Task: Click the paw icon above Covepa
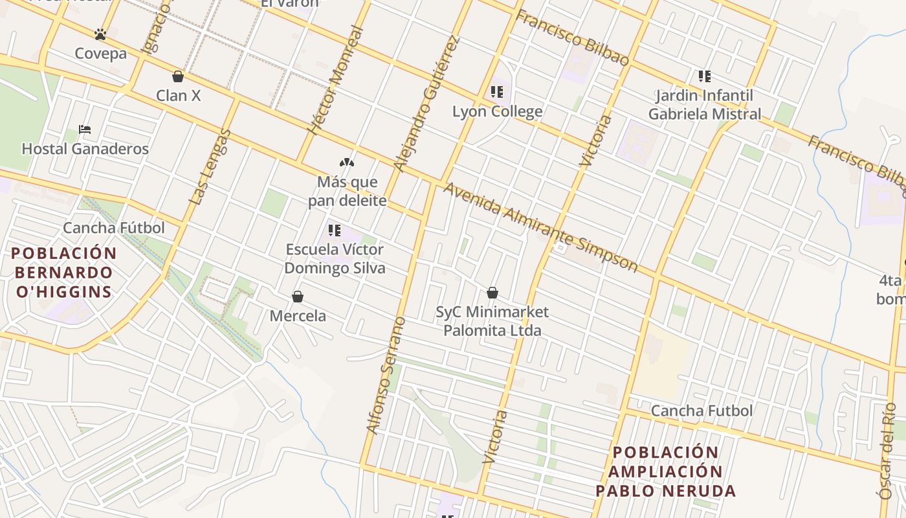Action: [x=100, y=34]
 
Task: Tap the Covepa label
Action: [x=100, y=53]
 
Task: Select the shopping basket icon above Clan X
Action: [x=178, y=76]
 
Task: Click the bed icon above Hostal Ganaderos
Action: [x=85, y=129]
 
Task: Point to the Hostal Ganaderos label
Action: [x=85, y=149]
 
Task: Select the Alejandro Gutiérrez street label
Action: [x=427, y=104]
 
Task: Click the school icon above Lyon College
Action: [x=497, y=92]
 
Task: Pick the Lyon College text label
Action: [x=497, y=111]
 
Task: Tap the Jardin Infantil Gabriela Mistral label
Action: [x=705, y=105]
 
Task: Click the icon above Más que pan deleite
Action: [x=347, y=163]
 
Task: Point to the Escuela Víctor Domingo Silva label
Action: [x=335, y=258]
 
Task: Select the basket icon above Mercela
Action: [x=298, y=297]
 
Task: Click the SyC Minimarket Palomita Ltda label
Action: [x=492, y=321]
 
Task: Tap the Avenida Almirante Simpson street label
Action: [x=540, y=227]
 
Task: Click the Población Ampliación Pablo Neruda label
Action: [x=666, y=471]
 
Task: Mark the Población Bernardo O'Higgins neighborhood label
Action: [x=64, y=272]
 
